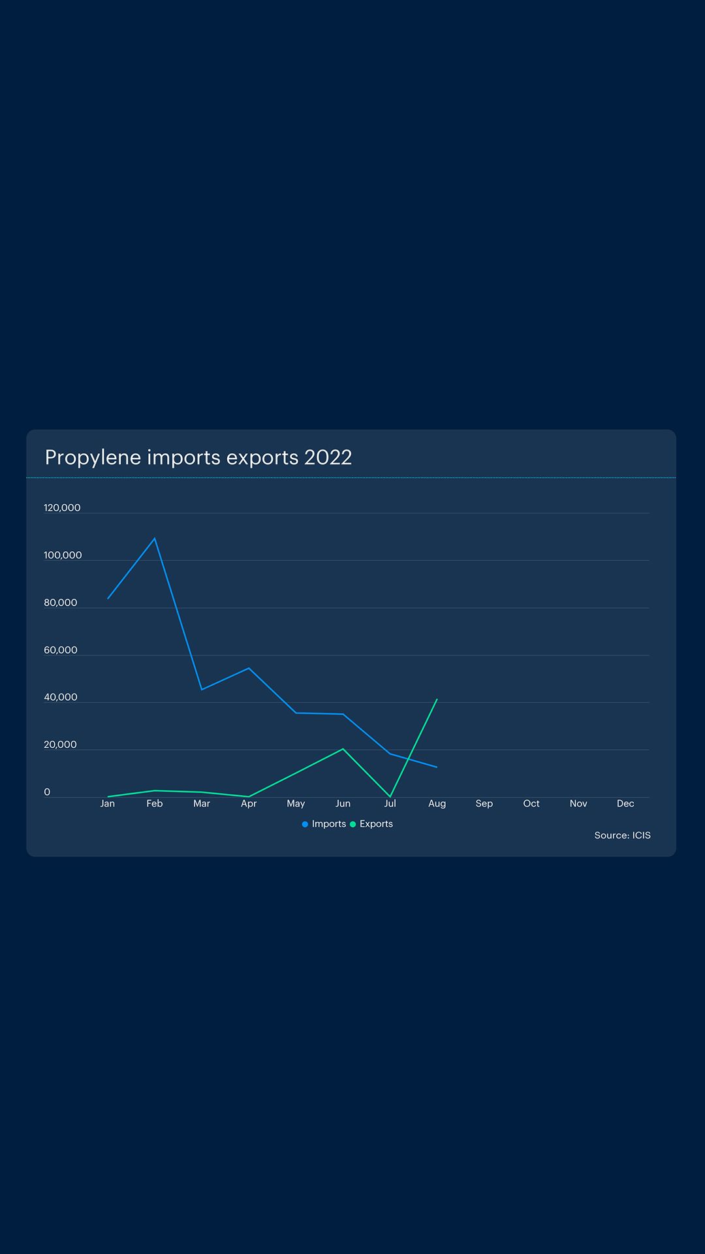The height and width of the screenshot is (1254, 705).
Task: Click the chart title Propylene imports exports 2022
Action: click(x=198, y=457)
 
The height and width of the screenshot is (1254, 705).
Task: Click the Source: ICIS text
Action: click(x=622, y=835)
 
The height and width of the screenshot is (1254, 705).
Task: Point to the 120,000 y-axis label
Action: click(x=62, y=508)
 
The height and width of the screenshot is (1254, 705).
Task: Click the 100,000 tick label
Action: click(x=63, y=556)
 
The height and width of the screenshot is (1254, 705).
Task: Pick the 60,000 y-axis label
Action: click(x=60, y=651)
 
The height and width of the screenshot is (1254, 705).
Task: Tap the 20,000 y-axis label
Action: click(x=60, y=745)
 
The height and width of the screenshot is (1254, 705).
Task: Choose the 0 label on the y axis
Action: click(x=47, y=792)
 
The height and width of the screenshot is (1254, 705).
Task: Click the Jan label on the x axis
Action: click(x=108, y=804)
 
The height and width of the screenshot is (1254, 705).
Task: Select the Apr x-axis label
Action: click(x=249, y=804)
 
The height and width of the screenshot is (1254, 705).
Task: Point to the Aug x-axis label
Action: click(x=437, y=804)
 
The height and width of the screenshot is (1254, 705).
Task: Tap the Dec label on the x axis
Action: click(x=625, y=804)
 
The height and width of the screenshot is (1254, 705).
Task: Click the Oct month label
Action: click(x=531, y=804)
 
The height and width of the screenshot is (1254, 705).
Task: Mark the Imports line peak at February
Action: click(x=155, y=538)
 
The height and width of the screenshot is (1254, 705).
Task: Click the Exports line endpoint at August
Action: click(x=437, y=699)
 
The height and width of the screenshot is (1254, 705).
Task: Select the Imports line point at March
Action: click(x=202, y=689)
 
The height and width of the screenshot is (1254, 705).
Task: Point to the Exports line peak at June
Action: click(x=343, y=749)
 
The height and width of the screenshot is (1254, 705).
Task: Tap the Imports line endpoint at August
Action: click(x=437, y=767)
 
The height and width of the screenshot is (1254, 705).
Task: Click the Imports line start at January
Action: click(x=108, y=598)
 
